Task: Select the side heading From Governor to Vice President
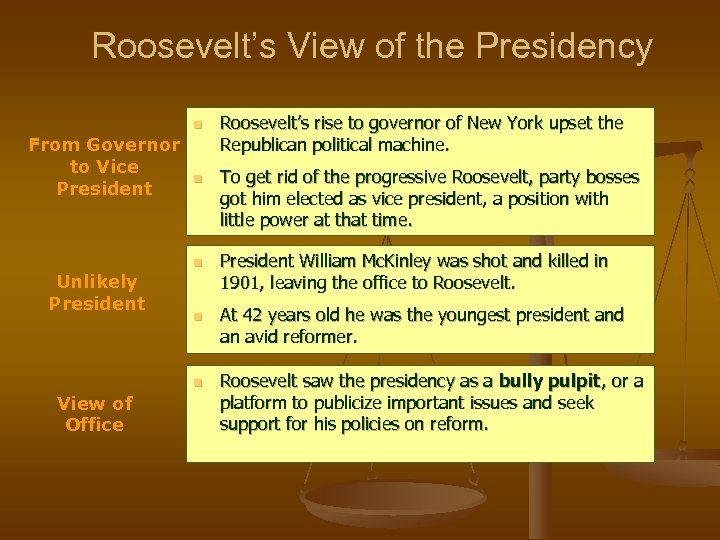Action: click(x=104, y=167)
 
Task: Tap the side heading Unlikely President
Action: click(x=96, y=292)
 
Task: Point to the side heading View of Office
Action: click(x=95, y=414)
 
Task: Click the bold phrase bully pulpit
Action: click(x=551, y=381)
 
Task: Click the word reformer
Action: click(x=322, y=338)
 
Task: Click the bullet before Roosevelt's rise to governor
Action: click(x=198, y=125)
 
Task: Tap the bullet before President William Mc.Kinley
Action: click(x=198, y=263)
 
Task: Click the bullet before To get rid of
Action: click(x=198, y=179)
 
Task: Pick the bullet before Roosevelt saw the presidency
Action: click(x=198, y=382)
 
